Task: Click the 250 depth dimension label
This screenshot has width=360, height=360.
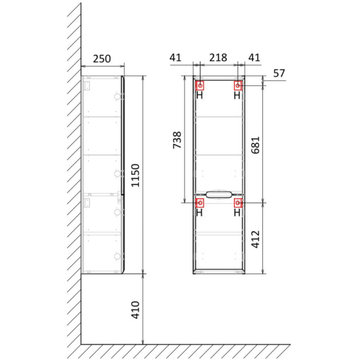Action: coord(102,59)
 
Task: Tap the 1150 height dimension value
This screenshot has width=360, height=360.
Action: coord(136,175)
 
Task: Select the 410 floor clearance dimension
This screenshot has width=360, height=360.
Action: coord(136,310)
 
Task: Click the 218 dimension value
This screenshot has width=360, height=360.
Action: coord(218,58)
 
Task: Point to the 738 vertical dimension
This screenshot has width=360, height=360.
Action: coord(177,140)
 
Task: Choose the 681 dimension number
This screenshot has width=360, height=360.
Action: coord(256,145)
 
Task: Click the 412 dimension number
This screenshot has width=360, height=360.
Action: coord(256,239)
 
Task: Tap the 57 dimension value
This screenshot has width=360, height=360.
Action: coord(279,73)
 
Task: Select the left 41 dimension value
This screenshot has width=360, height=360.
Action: coord(175,58)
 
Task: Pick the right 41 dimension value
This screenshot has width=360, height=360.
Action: coord(254,58)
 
